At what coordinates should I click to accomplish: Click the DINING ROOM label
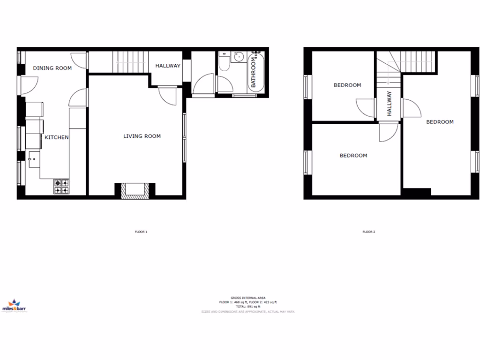pos(52,68)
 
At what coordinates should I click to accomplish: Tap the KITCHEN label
pos(57,137)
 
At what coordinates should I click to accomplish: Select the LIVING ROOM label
pos(142,136)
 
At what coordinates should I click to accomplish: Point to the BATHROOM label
pos(254,73)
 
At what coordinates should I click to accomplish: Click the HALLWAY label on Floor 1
pos(168,66)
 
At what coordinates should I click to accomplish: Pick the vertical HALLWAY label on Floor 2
pos(389,103)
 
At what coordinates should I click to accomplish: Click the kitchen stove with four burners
pos(62,187)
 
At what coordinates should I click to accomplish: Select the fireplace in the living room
pos(134,190)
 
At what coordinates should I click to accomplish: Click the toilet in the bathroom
pos(224,63)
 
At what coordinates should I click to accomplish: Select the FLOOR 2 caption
pos(368,232)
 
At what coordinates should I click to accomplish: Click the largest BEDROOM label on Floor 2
pos(440,122)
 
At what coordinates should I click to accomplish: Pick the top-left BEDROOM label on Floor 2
pos(347,85)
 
